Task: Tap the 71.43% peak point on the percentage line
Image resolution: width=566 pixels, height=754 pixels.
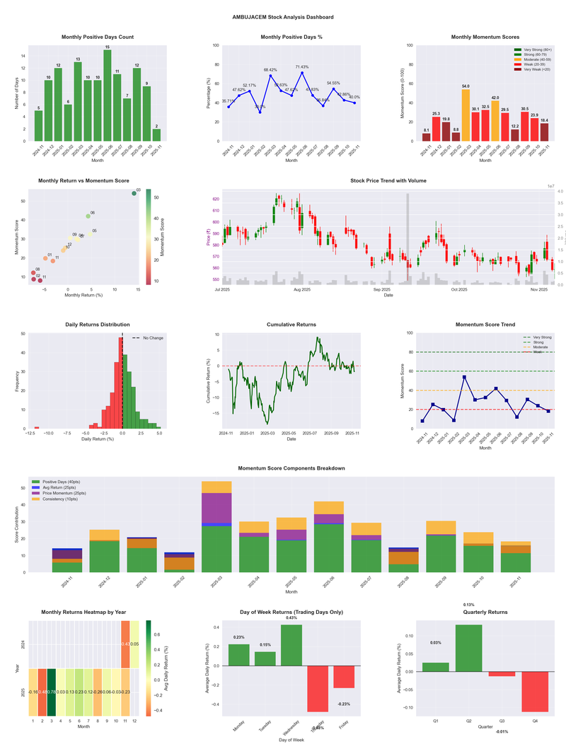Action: [301, 73]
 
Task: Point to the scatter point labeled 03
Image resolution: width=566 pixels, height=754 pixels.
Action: [134, 193]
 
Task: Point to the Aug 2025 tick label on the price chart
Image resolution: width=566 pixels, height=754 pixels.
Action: [302, 289]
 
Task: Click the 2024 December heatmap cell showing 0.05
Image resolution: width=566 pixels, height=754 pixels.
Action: [135, 644]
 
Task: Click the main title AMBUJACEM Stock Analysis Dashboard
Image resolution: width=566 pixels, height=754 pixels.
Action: [283, 17]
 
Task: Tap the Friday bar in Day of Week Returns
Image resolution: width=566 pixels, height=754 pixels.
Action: [344, 677]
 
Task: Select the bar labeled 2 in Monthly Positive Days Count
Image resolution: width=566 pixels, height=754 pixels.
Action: [156, 134]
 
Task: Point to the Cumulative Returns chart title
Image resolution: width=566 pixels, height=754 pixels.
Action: [291, 325]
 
